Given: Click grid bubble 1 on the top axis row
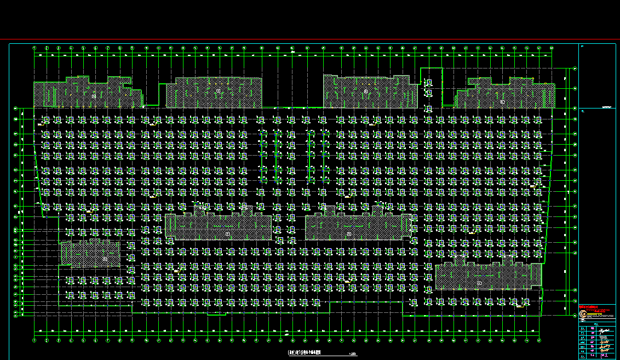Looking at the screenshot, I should point(35,48).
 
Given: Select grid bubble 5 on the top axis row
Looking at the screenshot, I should point(83,48).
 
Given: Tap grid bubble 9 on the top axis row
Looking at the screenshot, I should point(133,48).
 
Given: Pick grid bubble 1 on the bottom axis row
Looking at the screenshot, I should point(35,340).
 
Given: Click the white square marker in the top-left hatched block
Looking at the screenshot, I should point(94,96).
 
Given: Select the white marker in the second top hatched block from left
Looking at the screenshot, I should point(218,90).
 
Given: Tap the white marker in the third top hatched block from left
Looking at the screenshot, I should point(365,92).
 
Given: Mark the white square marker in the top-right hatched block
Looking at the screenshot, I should point(502,101).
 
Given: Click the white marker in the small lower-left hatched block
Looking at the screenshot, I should point(105,259).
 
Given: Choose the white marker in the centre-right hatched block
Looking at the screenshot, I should point(349,234).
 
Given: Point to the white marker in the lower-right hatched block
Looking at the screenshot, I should point(479,283).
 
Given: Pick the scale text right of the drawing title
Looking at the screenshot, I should point(352,353).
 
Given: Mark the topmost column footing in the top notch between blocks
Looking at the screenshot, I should point(429,83).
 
